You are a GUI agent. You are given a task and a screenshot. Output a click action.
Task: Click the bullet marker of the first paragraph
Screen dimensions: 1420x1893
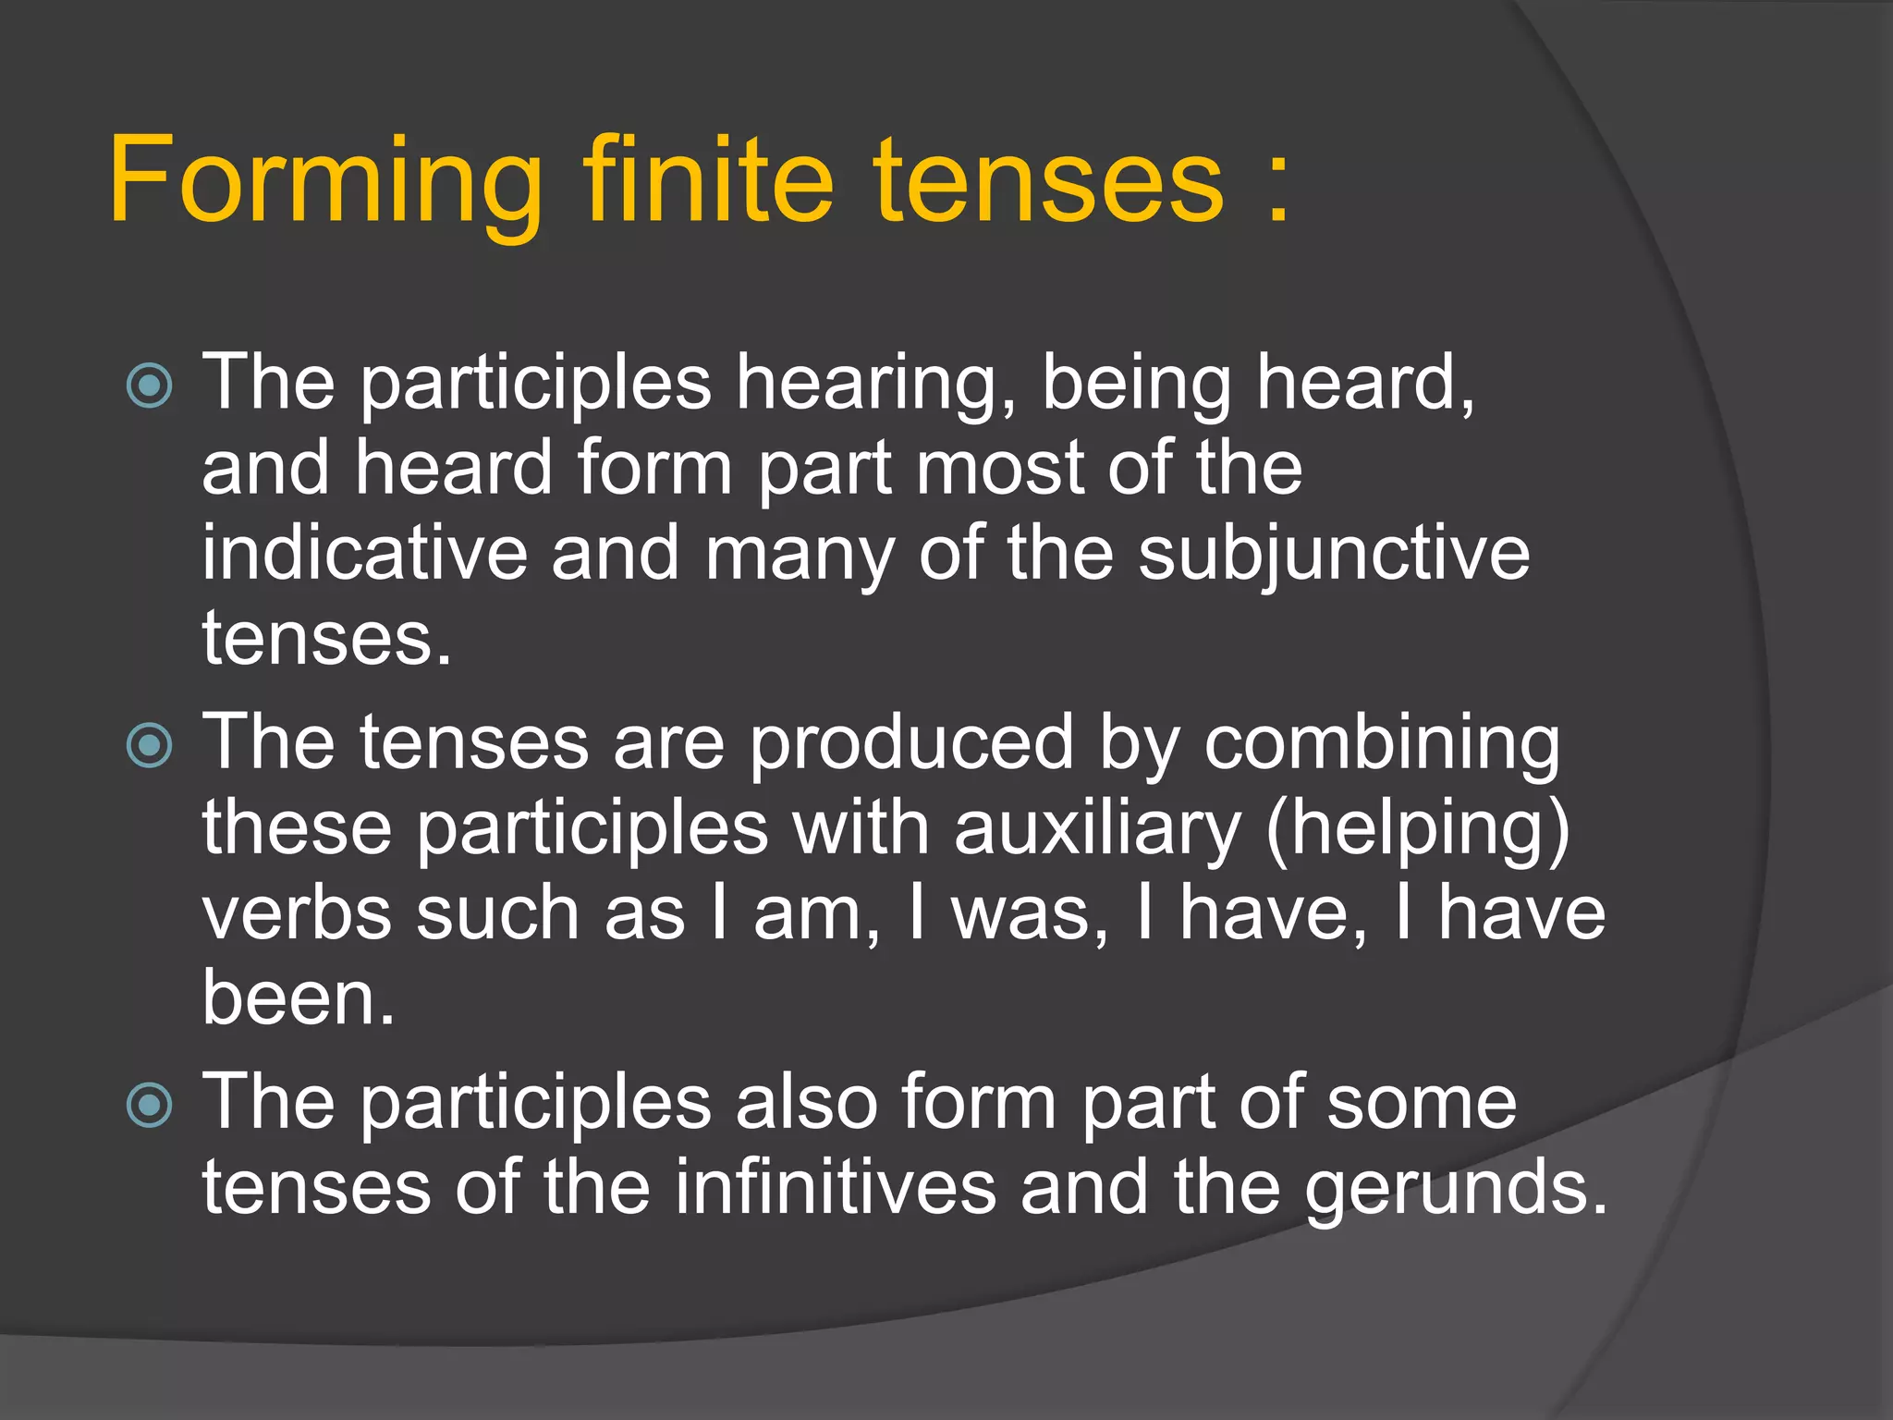pos(150,386)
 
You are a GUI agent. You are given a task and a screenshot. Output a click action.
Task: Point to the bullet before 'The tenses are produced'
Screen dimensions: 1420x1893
pos(150,746)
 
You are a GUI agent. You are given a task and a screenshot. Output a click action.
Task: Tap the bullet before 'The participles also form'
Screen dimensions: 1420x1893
pos(150,1106)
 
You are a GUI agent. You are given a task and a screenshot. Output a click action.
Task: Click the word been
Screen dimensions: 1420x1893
pos(299,998)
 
